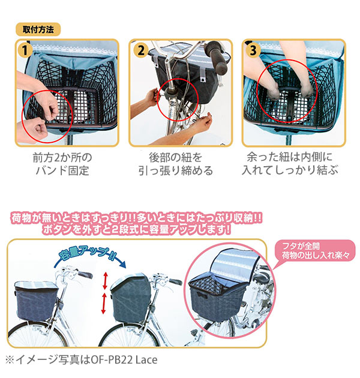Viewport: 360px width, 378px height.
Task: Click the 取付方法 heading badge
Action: coord(38,29)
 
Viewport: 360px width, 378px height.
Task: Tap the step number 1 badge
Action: coord(25,50)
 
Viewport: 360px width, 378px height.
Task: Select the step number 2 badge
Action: coord(140,50)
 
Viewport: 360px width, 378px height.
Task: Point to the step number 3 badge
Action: coord(253,50)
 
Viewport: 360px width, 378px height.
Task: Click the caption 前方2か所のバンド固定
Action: coord(62,164)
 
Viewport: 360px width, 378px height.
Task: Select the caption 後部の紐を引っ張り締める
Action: coord(176,164)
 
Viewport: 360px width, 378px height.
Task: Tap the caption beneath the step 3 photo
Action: coord(290,163)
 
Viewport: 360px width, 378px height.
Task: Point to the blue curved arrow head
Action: coord(122,265)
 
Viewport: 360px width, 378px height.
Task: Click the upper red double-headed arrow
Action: coord(105,281)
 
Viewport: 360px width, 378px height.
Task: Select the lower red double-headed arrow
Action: coord(104,304)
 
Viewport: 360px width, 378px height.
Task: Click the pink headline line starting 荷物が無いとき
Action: coord(136,218)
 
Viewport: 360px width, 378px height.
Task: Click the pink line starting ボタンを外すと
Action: coord(136,229)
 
